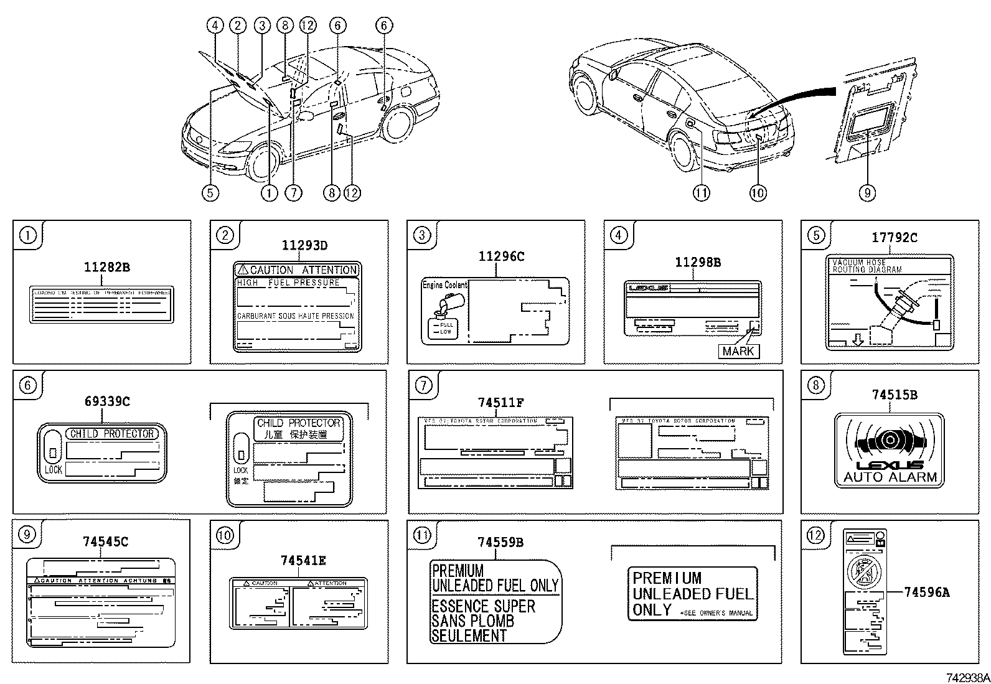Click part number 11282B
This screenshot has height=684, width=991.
[x=106, y=268]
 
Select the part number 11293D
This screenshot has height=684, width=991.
[x=304, y=245]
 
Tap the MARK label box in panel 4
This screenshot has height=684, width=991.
[x=738, y=351]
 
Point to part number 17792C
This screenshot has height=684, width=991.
[x=894, y=238]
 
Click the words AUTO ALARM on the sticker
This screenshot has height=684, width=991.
[x=890, y=477]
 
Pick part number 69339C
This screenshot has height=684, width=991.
[x=107, y=402]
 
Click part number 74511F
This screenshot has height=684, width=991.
[x=500, y=403]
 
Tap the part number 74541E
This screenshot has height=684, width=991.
[x=303, y=561]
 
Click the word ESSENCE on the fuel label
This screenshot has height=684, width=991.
[x=456, y=606]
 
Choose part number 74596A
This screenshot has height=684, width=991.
[x=926, y=593]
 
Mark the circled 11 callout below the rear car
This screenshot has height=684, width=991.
[x=701, y=193]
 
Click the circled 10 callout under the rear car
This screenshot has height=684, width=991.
[x=757, y=193]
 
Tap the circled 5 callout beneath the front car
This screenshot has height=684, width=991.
[x=210, y=193]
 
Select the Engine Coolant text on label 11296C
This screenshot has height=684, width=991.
[x=444, y=285]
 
